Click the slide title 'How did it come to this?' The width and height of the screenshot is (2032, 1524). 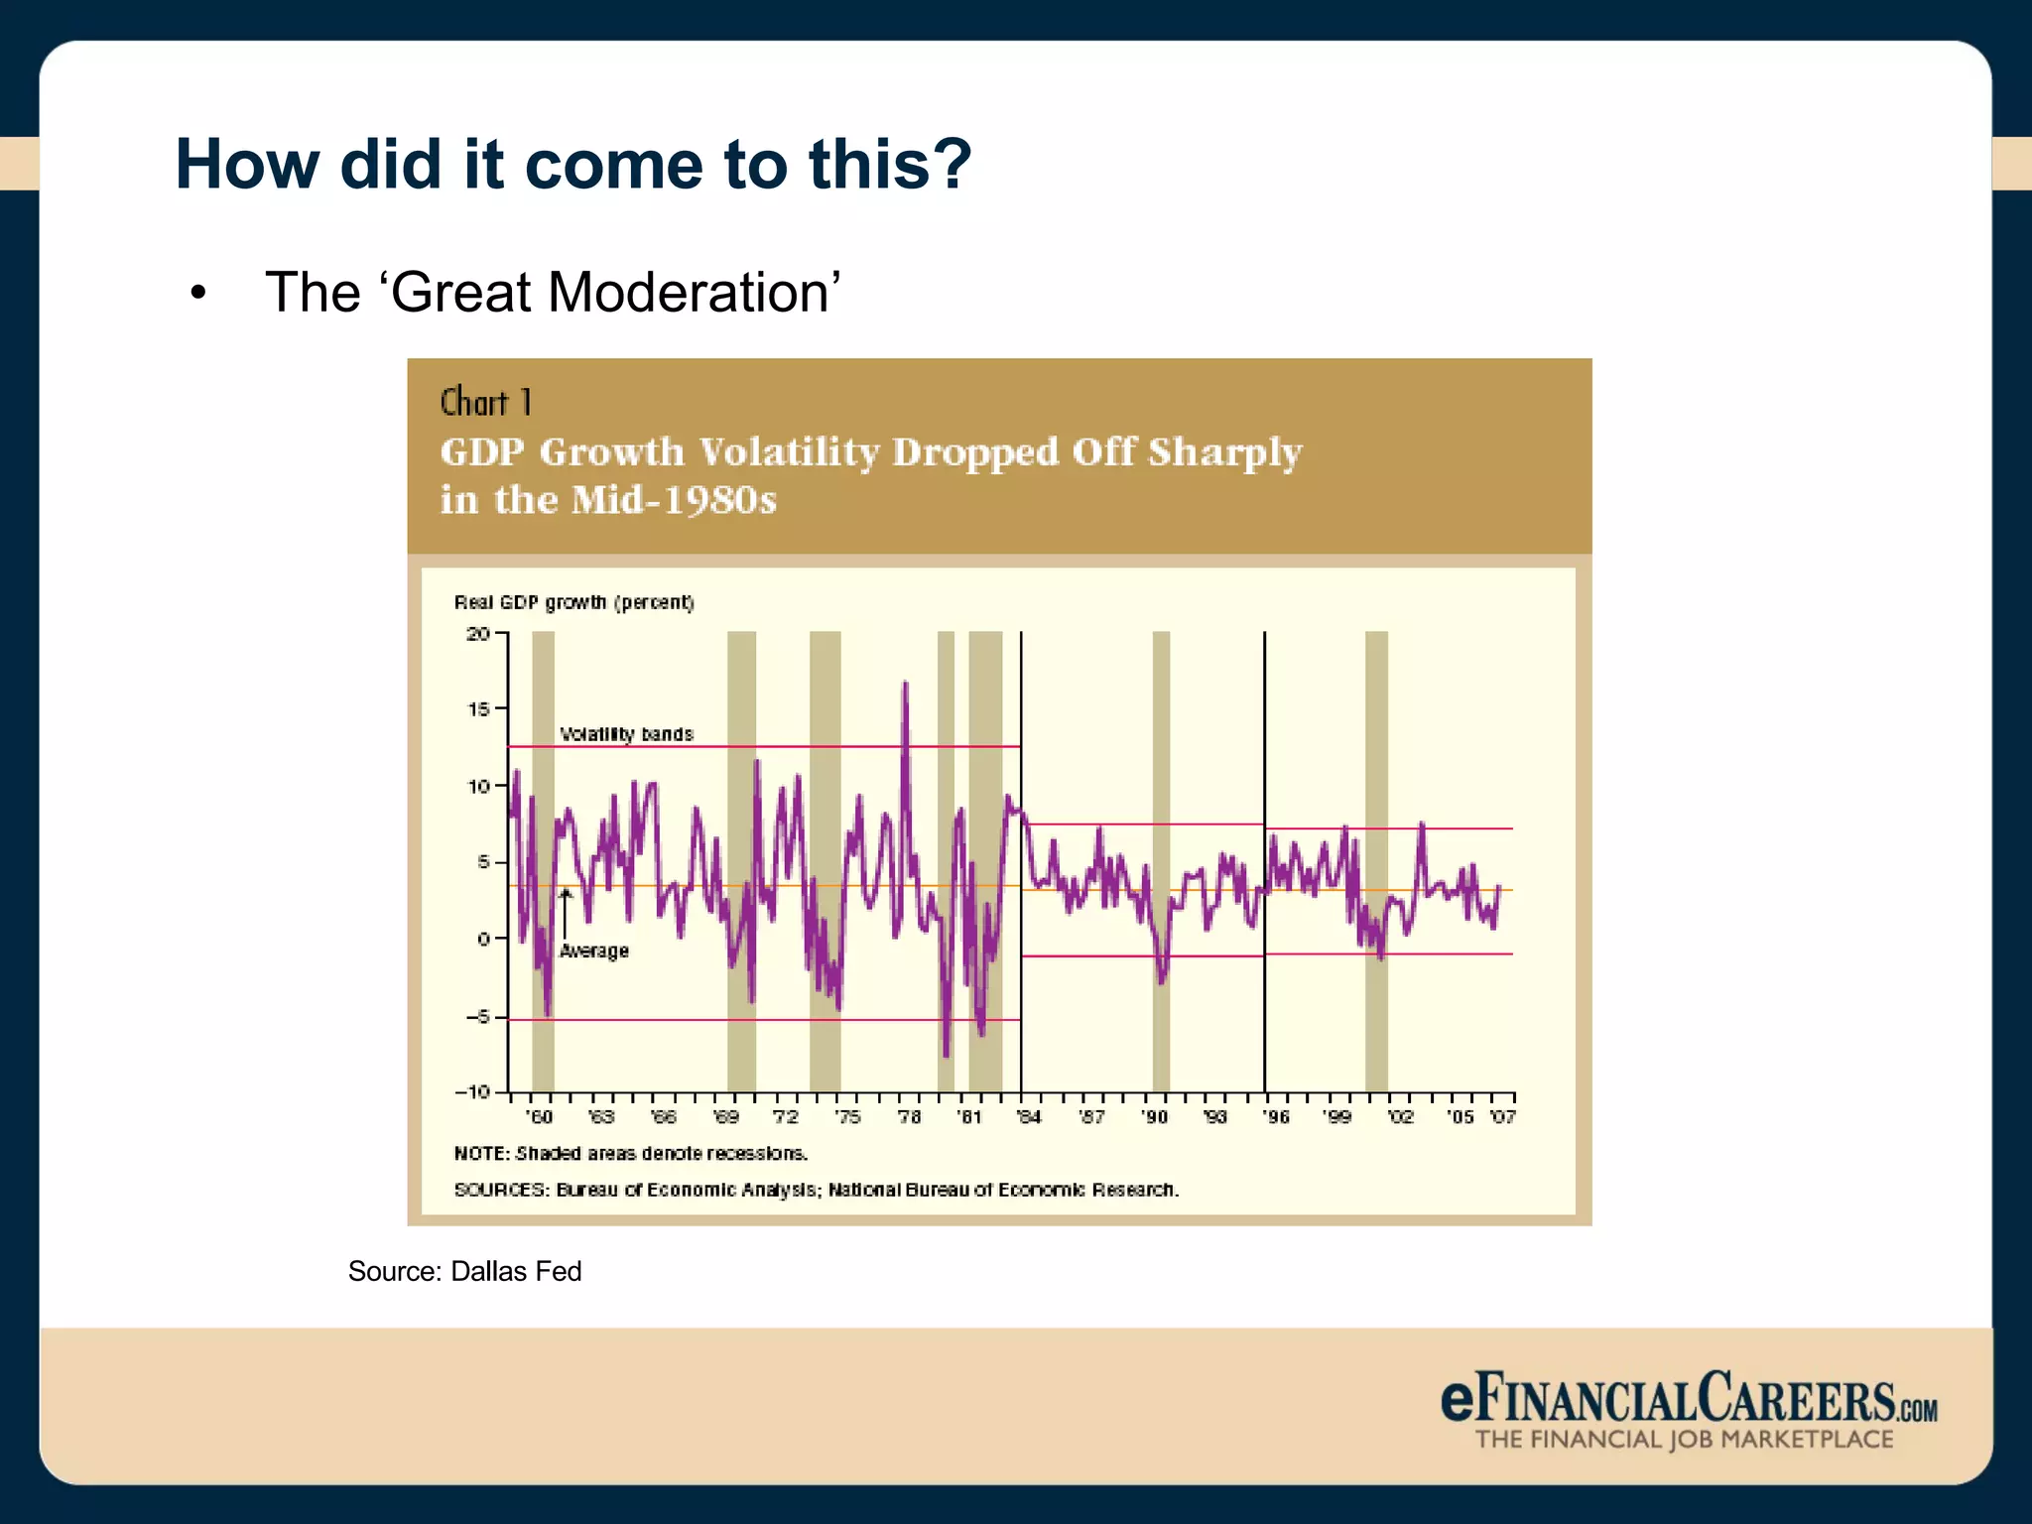click(572, 165)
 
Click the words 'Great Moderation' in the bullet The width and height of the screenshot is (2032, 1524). click(609, 293)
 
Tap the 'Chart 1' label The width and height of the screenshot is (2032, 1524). click(486, 403)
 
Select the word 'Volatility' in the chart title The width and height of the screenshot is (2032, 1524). click(789, 452)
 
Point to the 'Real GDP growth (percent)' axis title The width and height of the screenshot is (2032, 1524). click(573, 602)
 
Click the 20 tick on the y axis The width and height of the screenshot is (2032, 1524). click(478, 634)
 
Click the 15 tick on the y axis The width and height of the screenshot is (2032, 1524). click(478, 709)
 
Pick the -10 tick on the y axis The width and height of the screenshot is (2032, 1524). click(473, 1092)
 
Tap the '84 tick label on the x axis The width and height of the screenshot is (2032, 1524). click(1029, 1118)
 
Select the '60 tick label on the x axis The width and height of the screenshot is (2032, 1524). click(539, 1118)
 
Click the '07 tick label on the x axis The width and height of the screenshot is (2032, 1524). click(1502, 1118)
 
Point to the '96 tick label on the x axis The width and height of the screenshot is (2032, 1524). click(1276, 1118)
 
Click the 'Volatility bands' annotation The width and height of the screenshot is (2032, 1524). click(626, 734)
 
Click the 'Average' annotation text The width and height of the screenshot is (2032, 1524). click(593, 952)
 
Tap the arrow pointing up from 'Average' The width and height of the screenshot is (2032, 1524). click(565, 913)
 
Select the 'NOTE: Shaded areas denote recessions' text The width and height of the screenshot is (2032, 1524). click(631, 1154)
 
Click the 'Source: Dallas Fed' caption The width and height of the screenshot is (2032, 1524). click(464, 1272)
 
